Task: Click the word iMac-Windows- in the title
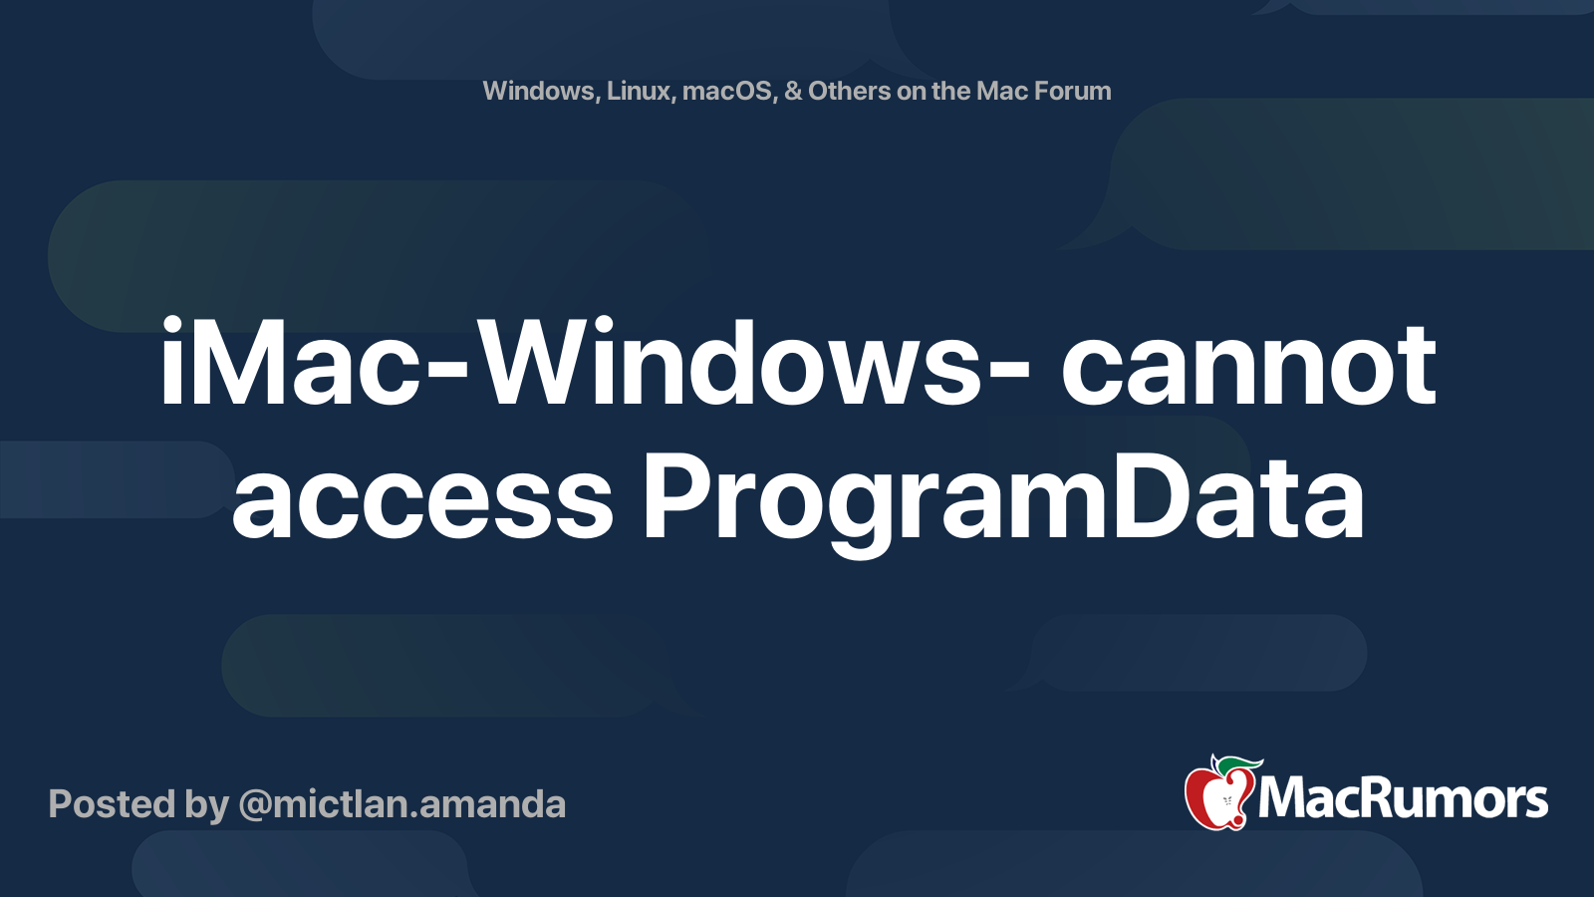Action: pos(594,365)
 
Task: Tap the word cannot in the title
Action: pos(1248,365)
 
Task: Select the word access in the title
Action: pos(422,498)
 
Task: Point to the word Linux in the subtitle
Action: pos(640,91)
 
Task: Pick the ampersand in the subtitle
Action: pos(793,91)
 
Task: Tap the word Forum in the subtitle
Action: pos(1072,91)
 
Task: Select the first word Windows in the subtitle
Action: pos(539,91)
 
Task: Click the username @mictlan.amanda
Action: pos(401,804)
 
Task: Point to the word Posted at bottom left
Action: pos(113,804)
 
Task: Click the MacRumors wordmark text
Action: pos(1403,799)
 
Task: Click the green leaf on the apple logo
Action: pos(1237,764)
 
